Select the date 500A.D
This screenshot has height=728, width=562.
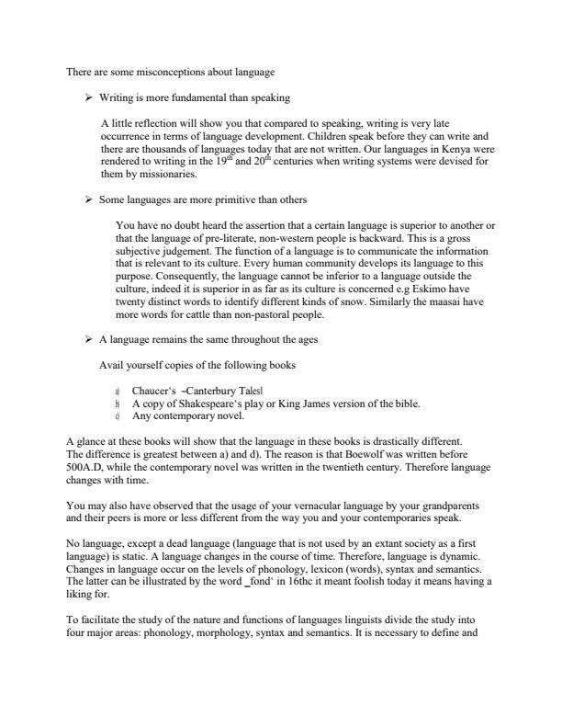[90, 468]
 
